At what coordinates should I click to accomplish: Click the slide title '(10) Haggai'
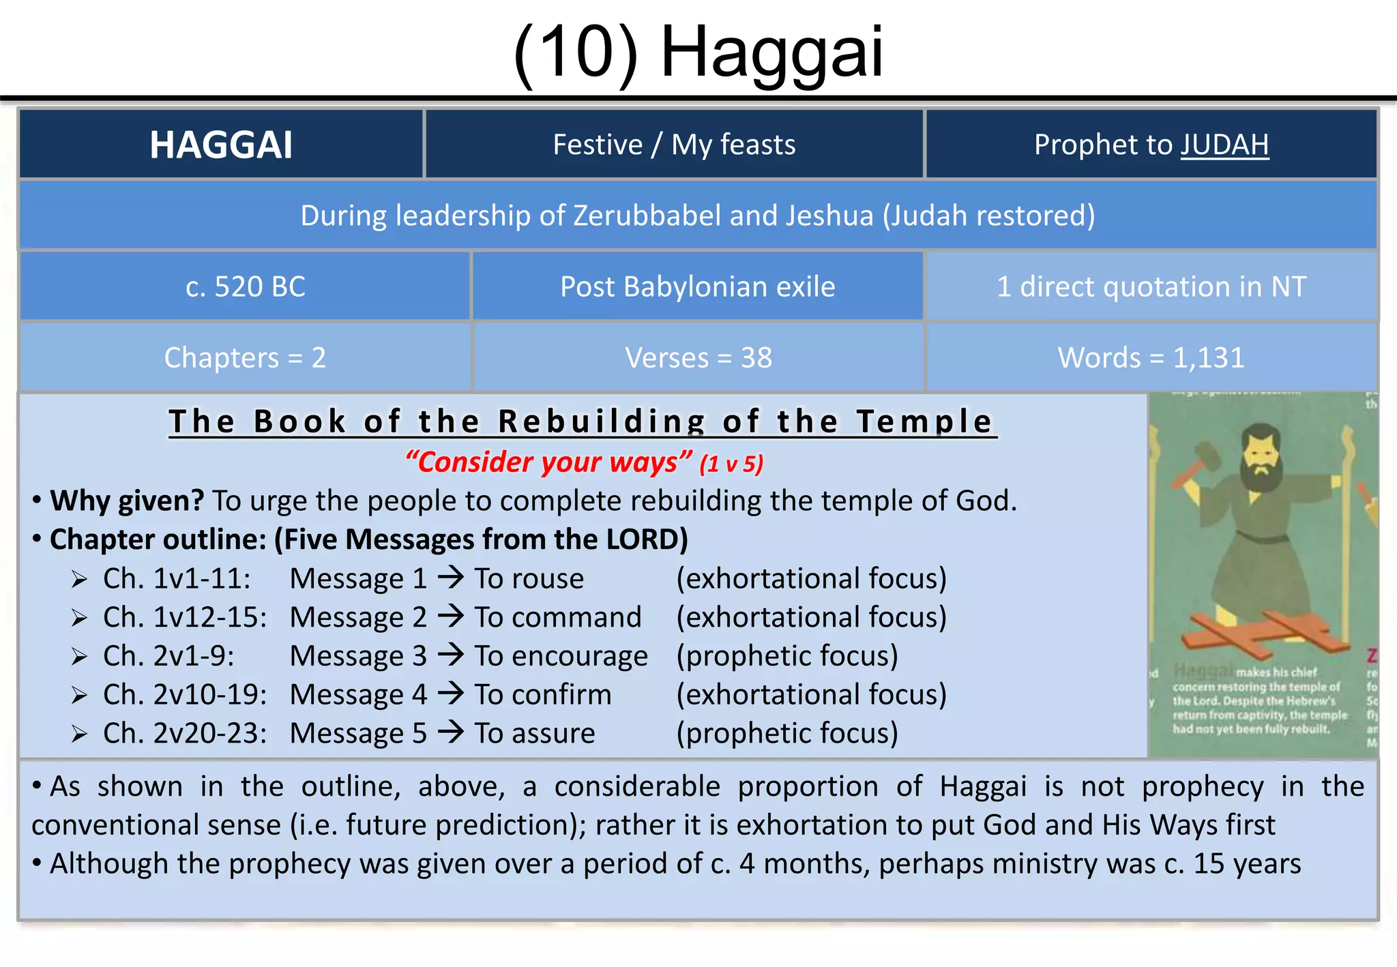point(698,52)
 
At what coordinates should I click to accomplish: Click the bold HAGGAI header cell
point(221,145)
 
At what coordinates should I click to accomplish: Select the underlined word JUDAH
point(1224,145)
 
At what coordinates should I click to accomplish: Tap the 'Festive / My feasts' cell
point(674,145)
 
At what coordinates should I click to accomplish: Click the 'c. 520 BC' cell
point(245,287)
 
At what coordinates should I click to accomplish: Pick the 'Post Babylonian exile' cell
point(697,287)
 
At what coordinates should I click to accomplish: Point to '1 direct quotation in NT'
point(1151,287)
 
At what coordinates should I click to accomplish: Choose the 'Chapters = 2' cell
point(245,358)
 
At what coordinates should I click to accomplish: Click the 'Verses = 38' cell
point(698,358)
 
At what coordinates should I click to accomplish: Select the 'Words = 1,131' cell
point(1151,358)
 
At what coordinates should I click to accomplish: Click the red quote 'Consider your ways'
point(548,463)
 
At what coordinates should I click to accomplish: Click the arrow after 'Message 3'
point(450,655)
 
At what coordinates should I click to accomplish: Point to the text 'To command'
point(558,617)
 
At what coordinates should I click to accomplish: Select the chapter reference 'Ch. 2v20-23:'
point(185,734)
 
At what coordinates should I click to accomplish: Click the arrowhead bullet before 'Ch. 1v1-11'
point(79,580)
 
